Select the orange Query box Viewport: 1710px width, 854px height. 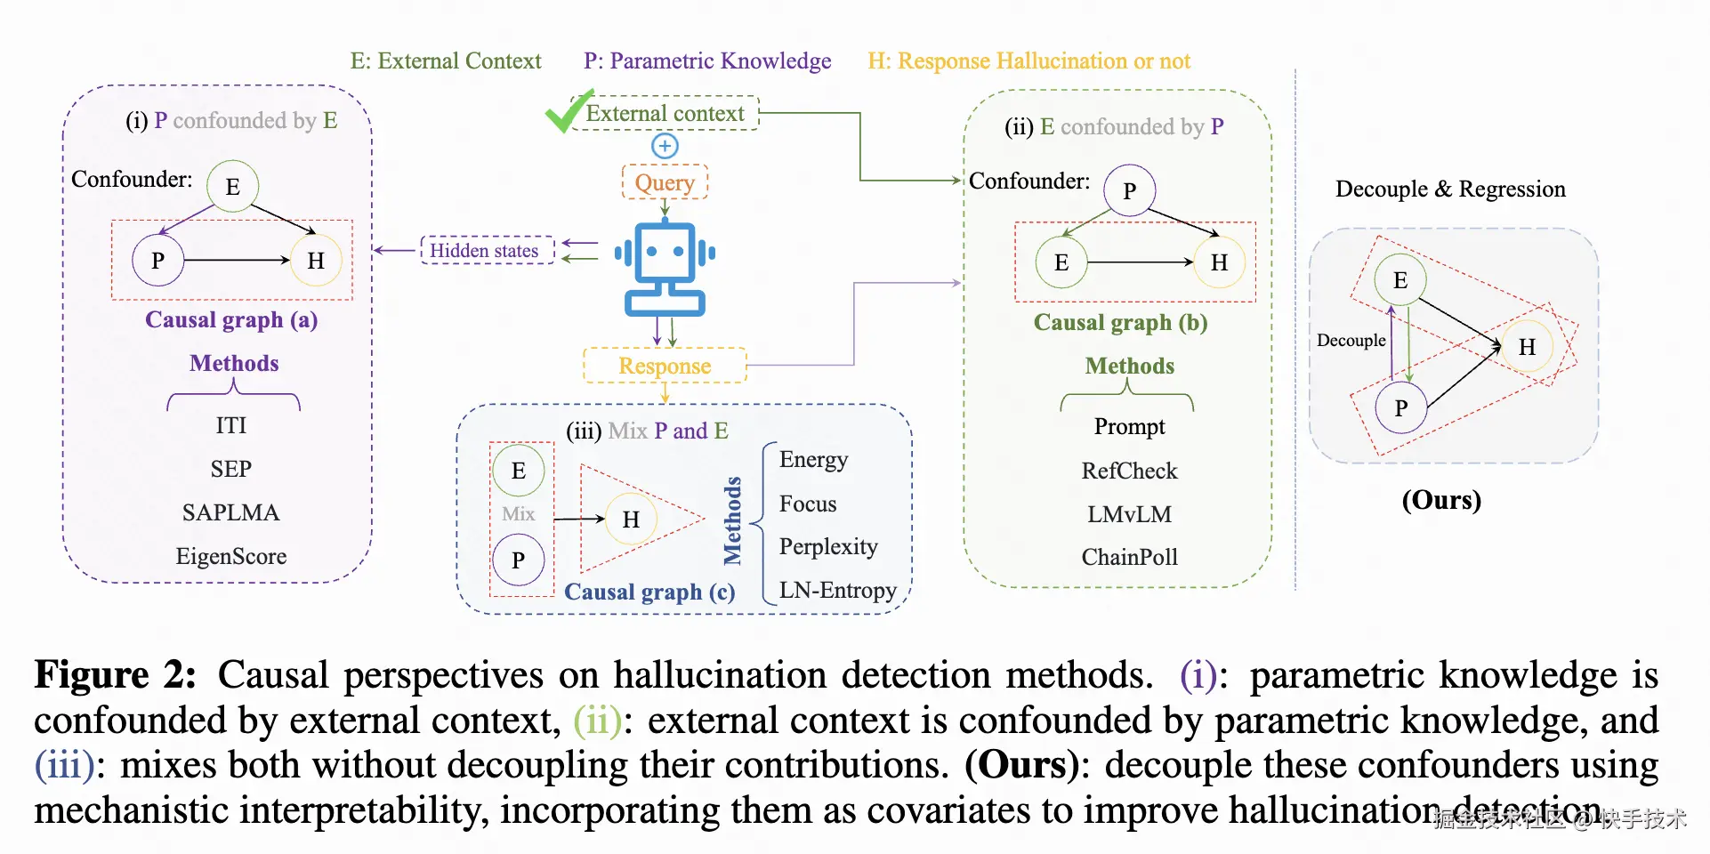[x=665, y=182]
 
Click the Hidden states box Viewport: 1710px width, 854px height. [x=485, y=251]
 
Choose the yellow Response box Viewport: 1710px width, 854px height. [x=665, y=366]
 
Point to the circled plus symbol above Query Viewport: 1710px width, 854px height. [x=665, y=146]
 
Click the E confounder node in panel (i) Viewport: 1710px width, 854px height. [x=232, y=187]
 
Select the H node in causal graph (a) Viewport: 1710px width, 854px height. [x=316, y=261]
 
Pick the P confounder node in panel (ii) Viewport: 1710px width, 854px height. [x=1129, y=190]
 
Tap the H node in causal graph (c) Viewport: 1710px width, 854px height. [x=631, y=520]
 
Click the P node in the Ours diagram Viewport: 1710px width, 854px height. [x=1400, y=408]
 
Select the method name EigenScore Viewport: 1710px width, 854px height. [x=231, y=557]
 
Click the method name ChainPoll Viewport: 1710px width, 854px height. [x=1129, y=558]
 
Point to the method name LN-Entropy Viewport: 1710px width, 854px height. [x=837, y=591]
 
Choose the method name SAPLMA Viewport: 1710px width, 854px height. [x=231, y=513]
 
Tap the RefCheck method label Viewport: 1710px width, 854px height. [x=1129, y=471]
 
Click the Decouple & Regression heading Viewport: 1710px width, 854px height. [x=1450, y=189]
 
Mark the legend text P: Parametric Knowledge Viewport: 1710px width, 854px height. [x=707, y=61]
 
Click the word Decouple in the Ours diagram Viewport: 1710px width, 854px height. [x=1351, y=341]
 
